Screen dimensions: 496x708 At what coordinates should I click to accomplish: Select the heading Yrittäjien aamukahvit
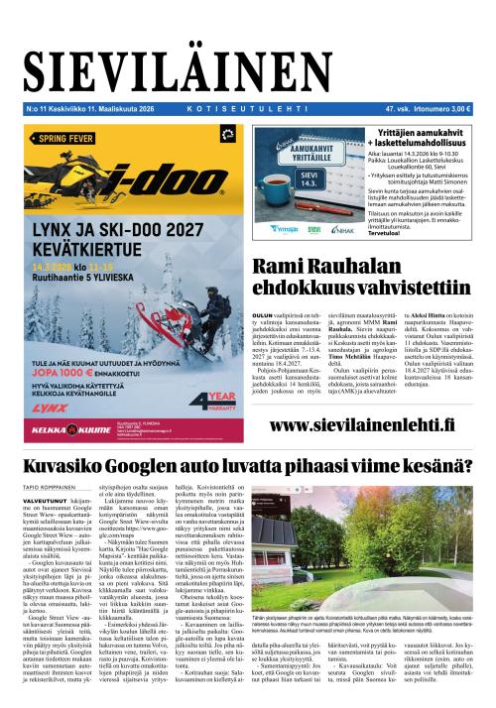click(412, 132)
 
